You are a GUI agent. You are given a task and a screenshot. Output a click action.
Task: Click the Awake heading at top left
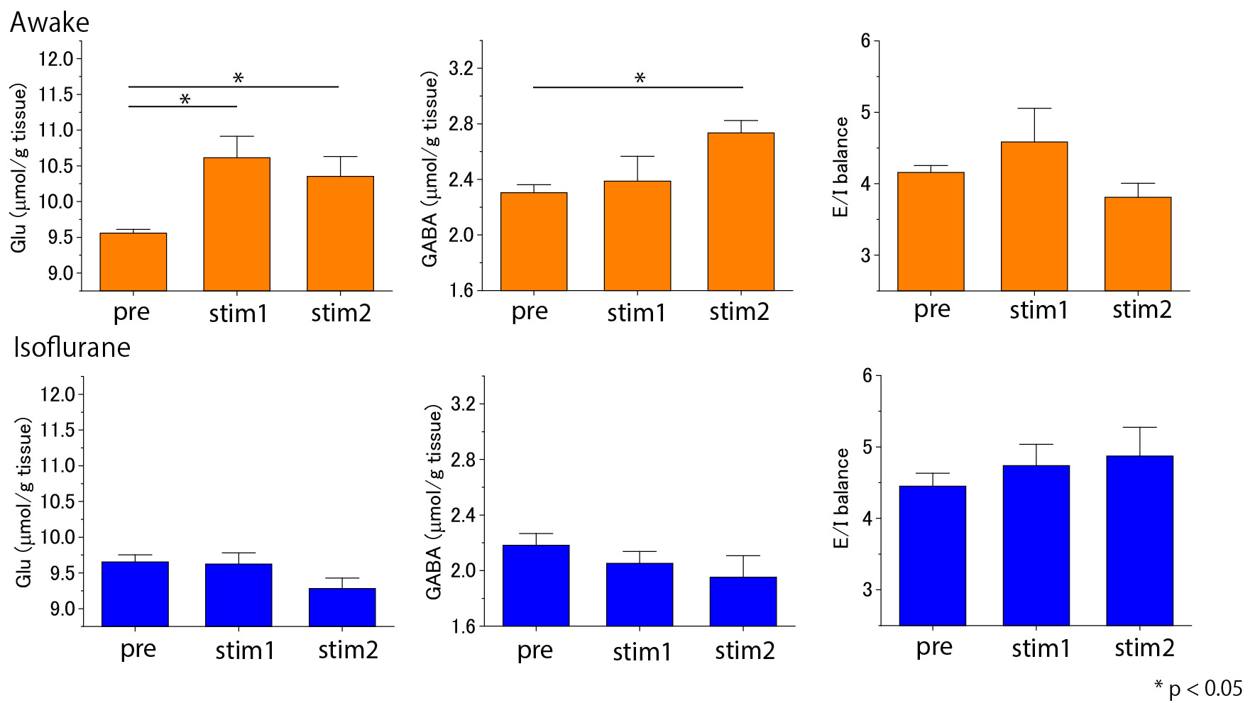coord(50,23)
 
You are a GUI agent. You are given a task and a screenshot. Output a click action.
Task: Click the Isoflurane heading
coord(72,348)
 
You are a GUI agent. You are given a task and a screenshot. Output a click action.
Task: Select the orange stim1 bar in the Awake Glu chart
coord(236,223)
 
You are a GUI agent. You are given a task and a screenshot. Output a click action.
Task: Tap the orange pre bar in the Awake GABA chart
coord(534,241)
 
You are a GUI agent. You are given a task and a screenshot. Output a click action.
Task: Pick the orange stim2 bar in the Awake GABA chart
coord(741,211)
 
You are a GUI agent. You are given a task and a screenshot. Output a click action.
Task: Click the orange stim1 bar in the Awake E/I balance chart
coord(1034,216)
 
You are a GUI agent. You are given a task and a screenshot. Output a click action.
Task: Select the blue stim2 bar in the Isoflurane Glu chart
coord(342,607)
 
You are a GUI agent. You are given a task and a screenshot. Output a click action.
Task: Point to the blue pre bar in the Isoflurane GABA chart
coord(536,585)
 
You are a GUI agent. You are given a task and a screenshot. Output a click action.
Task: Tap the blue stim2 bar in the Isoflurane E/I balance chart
coord(1139,540)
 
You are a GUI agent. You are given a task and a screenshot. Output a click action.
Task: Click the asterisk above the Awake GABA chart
coord(640,78)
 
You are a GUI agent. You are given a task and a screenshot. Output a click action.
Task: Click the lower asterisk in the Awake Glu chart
coord(185,99)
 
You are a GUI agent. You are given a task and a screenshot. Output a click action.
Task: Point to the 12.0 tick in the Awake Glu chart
coord(56,59)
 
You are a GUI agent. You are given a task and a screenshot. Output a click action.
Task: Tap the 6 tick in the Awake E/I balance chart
coord(865,41)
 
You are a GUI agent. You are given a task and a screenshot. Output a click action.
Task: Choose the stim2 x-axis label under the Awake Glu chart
coord(341,313)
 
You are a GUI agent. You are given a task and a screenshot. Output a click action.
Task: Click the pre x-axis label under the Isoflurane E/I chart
coord(933,647)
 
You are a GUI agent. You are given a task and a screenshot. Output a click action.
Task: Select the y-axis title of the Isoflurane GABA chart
coord(434,502)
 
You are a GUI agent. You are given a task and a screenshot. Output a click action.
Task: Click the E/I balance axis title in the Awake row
coord(841,167)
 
